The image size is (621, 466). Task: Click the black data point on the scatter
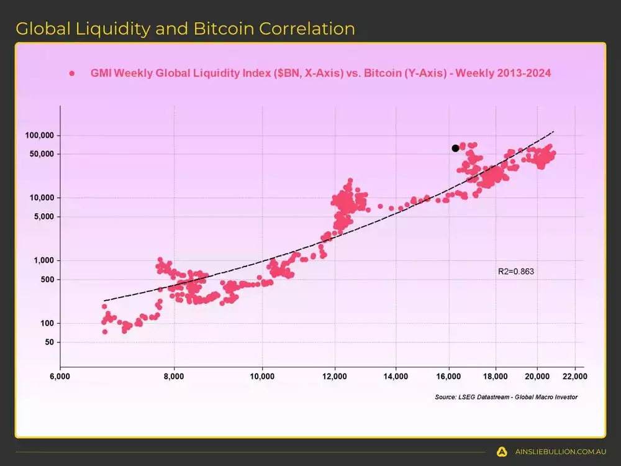(x=455, y=148)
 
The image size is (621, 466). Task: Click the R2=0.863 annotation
(x=516, y=272)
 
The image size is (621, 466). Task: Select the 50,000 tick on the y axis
(x=42, y=154)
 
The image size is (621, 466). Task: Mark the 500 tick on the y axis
(x=48, y=280)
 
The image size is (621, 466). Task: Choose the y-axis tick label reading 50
(x=50, y=342)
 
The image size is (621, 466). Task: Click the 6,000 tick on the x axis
(x=60, y=377)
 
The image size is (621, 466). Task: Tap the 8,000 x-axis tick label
(x=174, y=377)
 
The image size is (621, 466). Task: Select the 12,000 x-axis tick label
(x=335, y=377)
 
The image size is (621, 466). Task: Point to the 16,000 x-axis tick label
(x=449, y=377)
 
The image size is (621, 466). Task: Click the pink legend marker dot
(x=72, y=73)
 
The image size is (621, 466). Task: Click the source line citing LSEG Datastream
(x=506, y=397)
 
